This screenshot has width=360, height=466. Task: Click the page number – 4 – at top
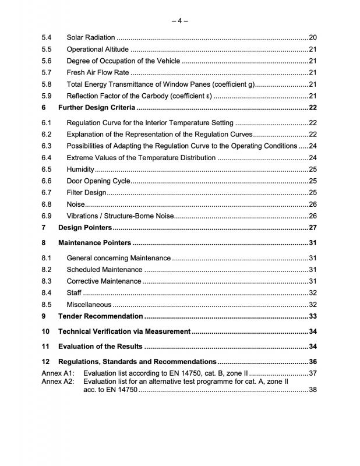tap(179, 21)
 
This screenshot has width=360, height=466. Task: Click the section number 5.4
tap(47, 38)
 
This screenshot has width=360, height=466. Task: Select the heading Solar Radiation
tap(91, 38)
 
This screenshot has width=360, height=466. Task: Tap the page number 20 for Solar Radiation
tap(312, 38)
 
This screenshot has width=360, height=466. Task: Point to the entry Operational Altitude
tap(98, 50)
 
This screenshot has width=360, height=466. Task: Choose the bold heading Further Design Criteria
tap(97, 108)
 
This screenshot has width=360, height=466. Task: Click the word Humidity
tap(80, 169)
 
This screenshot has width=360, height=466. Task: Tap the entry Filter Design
tap(87, 192)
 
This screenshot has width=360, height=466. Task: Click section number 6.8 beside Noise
tap(47, 204)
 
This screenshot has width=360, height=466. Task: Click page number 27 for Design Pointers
tap(312, 227)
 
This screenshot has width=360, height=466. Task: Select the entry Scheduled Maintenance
tap(104, 270)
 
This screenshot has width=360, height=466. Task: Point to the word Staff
tap(74, 293)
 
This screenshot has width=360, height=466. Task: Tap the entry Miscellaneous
tap(89, 305)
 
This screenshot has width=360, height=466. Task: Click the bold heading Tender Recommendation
tap(100, 316)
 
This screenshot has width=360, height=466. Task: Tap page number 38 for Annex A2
tap(312, 390)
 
